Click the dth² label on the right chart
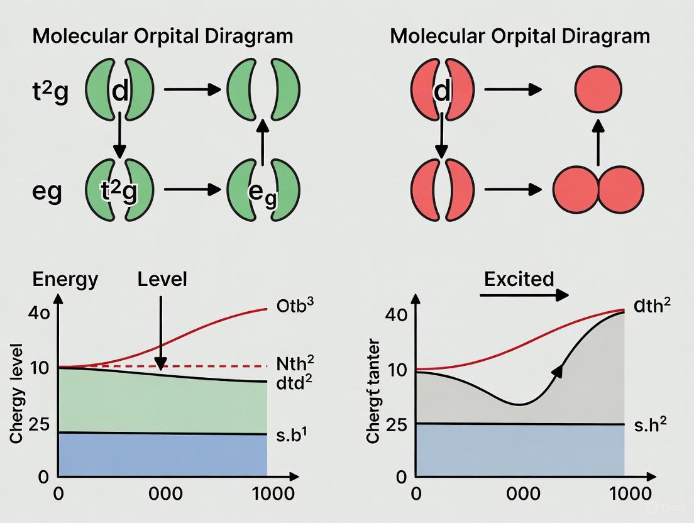coord(652,306)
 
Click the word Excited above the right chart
coord(519,278)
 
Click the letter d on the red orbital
coord(443,92)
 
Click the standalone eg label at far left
coord(47,190)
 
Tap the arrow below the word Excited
coord(526,295)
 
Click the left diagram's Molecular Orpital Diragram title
coord(162,35)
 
